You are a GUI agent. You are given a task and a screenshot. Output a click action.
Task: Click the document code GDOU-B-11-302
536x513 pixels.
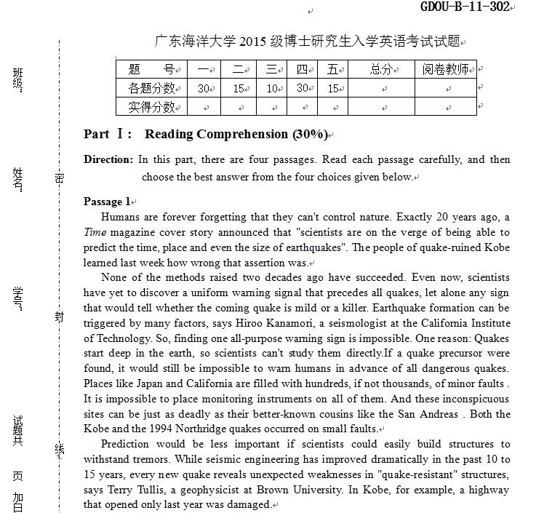(465, 7)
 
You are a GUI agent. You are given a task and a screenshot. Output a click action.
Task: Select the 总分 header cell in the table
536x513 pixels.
(380, 70)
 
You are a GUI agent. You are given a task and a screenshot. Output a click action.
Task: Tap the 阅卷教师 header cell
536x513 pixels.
(444, 70)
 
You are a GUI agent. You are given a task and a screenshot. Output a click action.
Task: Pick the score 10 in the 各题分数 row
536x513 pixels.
(272, 89)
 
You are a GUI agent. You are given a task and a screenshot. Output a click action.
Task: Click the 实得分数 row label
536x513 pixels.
(151, 108)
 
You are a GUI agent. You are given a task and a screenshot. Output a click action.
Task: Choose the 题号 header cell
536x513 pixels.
(151, 70)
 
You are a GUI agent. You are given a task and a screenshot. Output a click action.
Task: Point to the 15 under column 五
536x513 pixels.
(333, 89)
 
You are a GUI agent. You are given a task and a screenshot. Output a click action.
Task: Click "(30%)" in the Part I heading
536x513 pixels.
(309, 135)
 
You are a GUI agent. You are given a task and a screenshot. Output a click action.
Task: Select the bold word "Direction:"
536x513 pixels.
(108, 159)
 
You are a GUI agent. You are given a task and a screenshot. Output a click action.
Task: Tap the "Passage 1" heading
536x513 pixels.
(108, 202)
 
